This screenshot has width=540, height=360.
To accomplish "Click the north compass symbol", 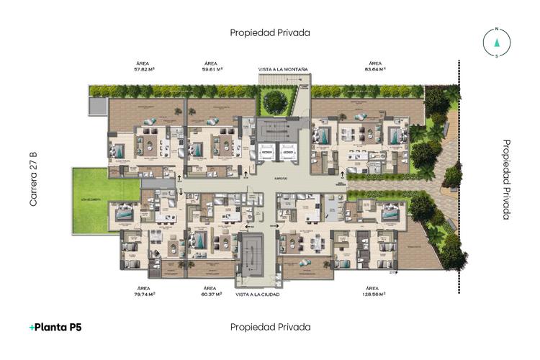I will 496,41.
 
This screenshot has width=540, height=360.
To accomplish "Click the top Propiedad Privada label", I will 270,32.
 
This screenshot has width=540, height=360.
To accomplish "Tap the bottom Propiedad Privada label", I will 270,327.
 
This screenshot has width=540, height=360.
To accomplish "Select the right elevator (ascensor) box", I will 288,153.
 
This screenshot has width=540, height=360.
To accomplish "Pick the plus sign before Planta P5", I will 32,327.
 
